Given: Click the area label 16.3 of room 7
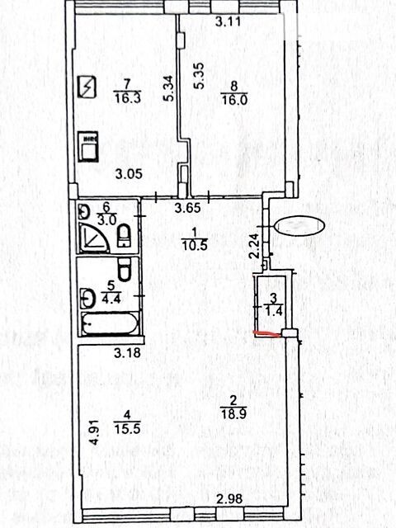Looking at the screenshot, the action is tap(127, 99).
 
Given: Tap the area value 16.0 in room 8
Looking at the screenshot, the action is tap(234, 100).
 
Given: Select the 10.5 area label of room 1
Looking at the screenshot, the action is tap(194, 246).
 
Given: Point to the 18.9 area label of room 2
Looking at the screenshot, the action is tap(233, 413).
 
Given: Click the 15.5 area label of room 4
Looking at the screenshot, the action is tap(127, 429).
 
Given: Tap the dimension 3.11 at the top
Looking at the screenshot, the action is tap(229, 22).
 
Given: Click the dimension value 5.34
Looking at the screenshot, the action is tap(169, 88).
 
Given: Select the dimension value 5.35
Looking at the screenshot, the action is tap(199, 76).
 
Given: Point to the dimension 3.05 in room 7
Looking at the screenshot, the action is tap(129, 174).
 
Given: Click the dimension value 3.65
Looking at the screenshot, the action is tap(188, 208).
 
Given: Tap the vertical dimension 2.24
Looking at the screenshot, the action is tap(254, 246).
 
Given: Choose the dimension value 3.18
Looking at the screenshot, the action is tap(127, 353).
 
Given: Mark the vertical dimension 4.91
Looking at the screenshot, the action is tap(95, 432).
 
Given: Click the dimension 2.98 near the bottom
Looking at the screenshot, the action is tap(229, 498).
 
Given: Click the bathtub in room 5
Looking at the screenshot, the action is tap(110, 324).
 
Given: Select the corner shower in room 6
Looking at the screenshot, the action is tap(95, 238).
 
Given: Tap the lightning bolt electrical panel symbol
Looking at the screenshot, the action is tap(87, 87).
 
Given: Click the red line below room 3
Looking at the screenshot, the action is tap(267, 334).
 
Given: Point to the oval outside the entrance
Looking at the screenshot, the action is tap(299, 226).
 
